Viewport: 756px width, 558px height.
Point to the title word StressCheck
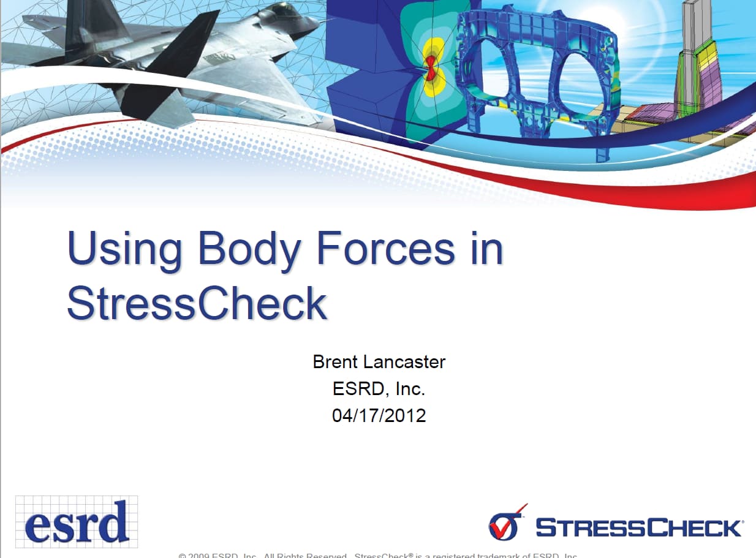[x=197, y=303]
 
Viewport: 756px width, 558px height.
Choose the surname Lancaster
[x=406, y=362]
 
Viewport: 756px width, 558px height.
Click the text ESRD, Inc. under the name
[x=379, y=389]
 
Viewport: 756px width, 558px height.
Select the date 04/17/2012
[x=379, y=416]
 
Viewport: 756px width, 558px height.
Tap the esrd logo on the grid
[x=77, y=522]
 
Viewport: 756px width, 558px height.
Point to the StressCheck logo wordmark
[x=638, y=527]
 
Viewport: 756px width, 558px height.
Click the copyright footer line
[x=378, y=555]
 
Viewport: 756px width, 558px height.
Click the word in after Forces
[x=485, y=249]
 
